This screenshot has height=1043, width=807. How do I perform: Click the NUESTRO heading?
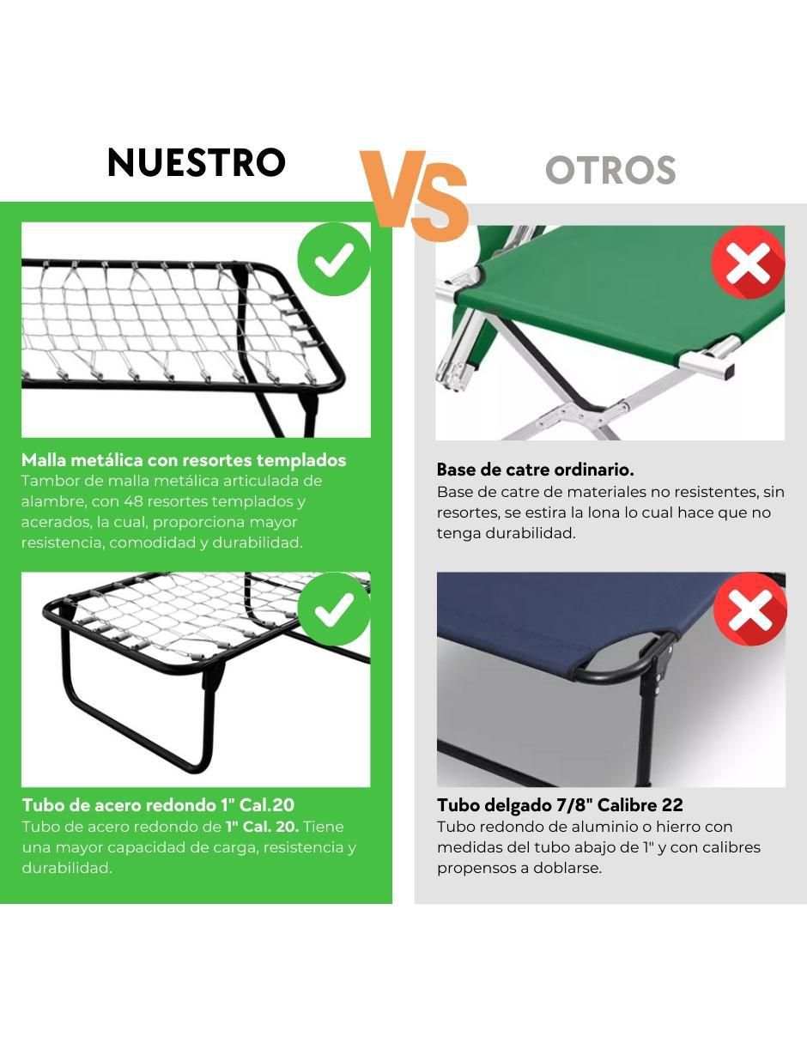197,162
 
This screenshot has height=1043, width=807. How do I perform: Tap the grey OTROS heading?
610,170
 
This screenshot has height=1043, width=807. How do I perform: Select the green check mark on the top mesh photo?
335,259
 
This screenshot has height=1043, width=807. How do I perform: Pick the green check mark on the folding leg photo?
335,609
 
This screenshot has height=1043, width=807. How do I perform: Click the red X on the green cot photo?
749,263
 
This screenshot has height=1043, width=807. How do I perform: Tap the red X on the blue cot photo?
749,609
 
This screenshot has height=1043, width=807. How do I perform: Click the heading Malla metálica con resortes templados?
184,460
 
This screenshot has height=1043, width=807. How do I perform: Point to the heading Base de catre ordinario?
536,470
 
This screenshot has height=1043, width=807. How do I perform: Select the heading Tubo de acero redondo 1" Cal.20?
158,805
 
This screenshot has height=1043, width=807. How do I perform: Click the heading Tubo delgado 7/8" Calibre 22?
560,805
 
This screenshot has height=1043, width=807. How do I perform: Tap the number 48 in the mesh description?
136,501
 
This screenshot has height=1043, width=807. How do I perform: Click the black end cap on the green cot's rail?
728,371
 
